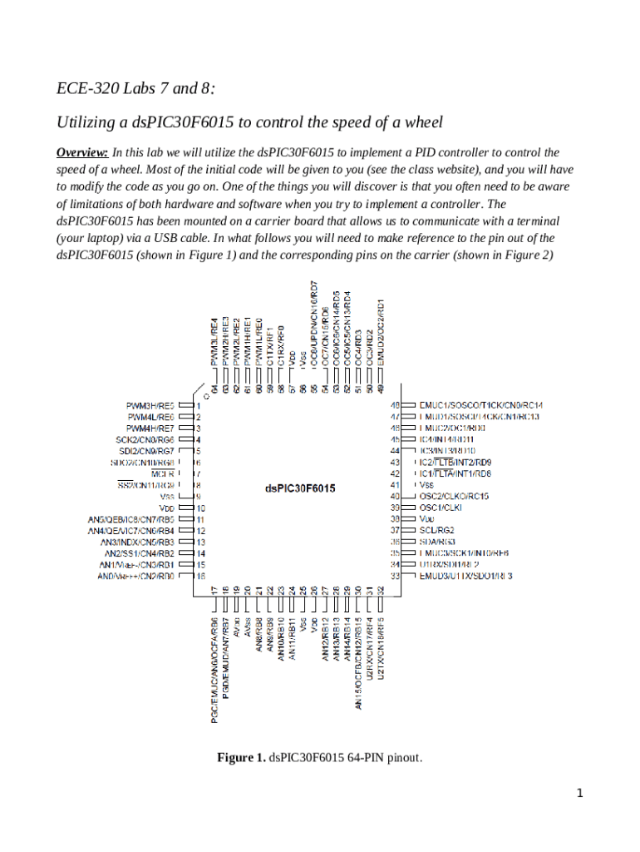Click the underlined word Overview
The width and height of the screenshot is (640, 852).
81,153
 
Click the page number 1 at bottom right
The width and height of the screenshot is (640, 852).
580,793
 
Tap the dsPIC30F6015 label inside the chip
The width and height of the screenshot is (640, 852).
300,488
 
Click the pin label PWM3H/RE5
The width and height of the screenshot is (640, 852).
150,405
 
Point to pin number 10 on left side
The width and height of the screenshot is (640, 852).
201,508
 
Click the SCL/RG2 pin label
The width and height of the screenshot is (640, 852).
437,529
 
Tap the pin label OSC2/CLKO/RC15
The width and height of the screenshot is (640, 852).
454,496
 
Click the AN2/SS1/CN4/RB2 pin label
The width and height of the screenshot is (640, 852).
139,552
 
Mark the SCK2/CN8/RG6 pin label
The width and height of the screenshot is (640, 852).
145,439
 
